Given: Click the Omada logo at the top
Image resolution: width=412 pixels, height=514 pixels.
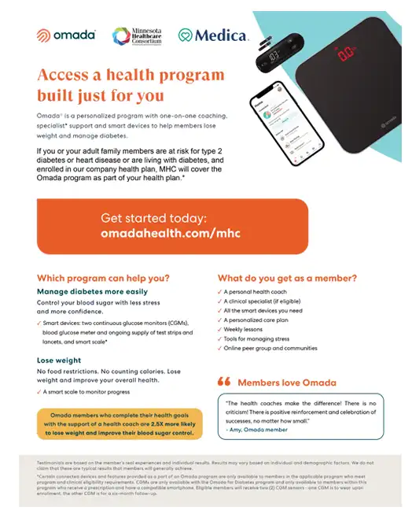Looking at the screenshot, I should (x=66, y=35).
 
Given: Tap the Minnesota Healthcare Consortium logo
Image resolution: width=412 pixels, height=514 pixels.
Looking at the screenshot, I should (x=138, y=35).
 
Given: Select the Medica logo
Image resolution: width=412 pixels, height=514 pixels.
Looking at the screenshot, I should (x=213, y=35).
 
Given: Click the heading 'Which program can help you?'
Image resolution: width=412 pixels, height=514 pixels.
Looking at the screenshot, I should (x=104, y=278).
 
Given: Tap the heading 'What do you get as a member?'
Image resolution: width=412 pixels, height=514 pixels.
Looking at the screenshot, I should (x=287, y=278).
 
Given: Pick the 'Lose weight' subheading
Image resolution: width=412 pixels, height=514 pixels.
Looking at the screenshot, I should (x=59, y=360).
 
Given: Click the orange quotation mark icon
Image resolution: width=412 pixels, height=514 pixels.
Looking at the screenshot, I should (x=223, y=382).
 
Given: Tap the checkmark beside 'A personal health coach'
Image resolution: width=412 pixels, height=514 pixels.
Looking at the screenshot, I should (x=219, y=291).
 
